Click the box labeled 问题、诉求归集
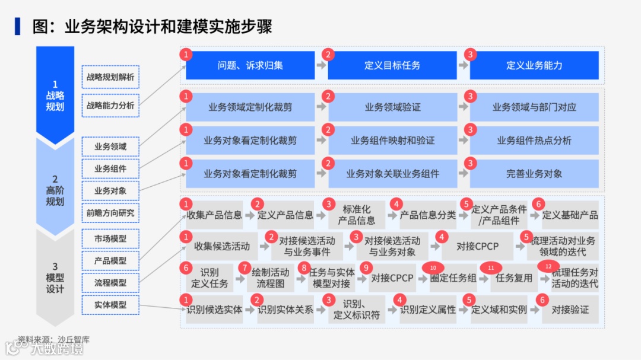click(x=250, y=65)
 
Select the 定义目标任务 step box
click(x=392, y=65)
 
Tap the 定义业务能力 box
click(x=534, y=65)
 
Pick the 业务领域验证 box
click(x=392, y=107)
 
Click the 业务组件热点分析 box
click(x=534, y=141)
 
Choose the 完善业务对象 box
click(x=534, y=174)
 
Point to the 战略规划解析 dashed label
click(x=110, y=77)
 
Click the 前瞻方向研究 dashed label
click(x=110, y=213)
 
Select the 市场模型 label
click(x=110, y=238)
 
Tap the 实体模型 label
click(x=110, y=304)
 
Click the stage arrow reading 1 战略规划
click(x=55, y=95)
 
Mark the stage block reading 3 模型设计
click(x=55, y=278)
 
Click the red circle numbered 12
click(x=548, y=266)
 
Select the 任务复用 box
click(x=514, y=278)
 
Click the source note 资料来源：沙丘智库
click(x=53, y=340)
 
